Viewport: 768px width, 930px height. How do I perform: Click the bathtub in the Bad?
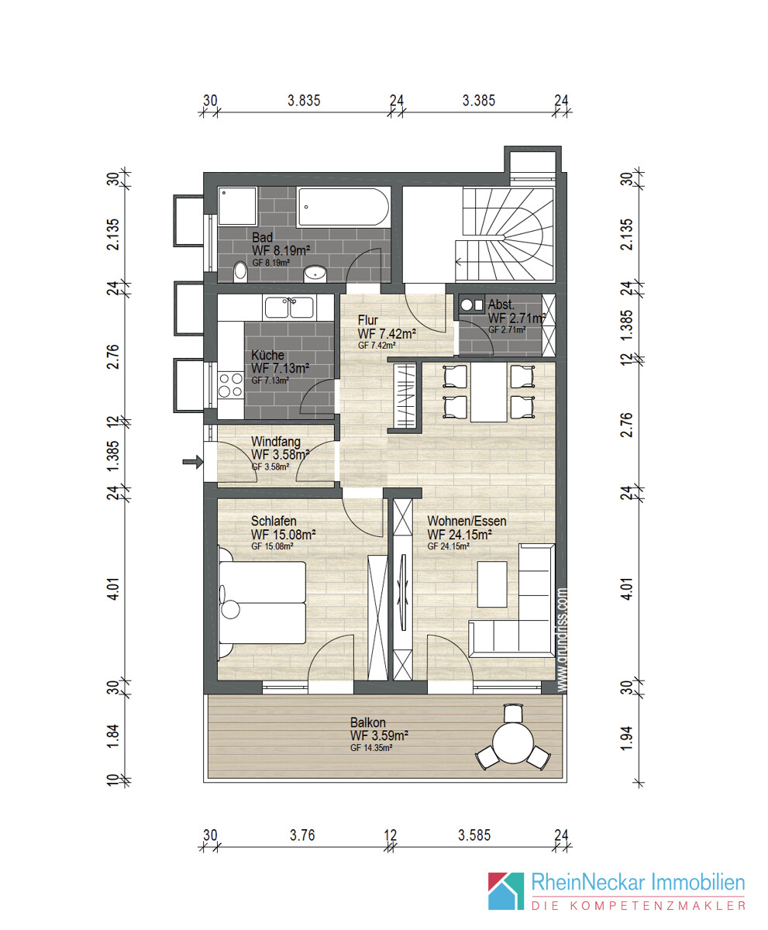click(x=343, y=207)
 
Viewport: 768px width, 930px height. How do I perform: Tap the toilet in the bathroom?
click(x=240, y=272)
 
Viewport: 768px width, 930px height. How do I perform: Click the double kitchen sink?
click(x=289, y=308)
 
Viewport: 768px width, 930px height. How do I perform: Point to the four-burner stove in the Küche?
click(x=231, y=385)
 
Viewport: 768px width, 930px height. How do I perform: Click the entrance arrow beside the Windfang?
click(x=193, y=462)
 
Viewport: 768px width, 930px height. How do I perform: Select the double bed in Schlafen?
click(x=262, y=603)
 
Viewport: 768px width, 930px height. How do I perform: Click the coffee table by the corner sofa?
click(x=492, y=584)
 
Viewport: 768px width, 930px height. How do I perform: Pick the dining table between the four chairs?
click(x=489, y=392)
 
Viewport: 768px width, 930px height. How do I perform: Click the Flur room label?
click(x=367, y=320)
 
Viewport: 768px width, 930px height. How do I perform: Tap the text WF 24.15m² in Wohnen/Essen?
click(x=460, y=534)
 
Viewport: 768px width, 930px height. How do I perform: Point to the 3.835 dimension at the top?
click(x=304, y=101)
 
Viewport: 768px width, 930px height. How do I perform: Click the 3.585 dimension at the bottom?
click(x=474, y=835)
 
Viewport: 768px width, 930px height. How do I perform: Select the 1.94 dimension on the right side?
click(x=626, y=738)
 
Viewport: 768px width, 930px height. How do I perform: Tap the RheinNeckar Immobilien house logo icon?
click(x=506, y=890)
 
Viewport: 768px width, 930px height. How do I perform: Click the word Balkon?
click(x=367, y=722)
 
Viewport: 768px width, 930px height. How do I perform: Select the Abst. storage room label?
click(x=501, y=305)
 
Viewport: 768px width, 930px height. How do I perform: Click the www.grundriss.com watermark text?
click(x=562, y=640)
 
